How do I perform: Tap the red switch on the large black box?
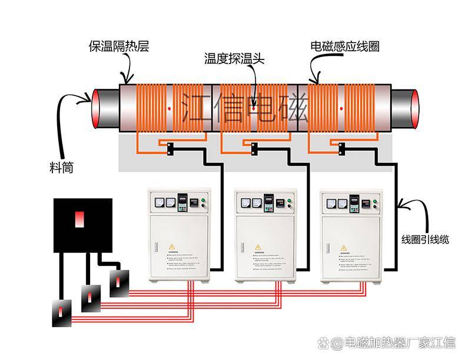tap(79, 219)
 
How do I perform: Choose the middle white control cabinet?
tap(266, 235)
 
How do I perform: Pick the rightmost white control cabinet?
tap(352, 235)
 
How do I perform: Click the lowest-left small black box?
tap(62, 314)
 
